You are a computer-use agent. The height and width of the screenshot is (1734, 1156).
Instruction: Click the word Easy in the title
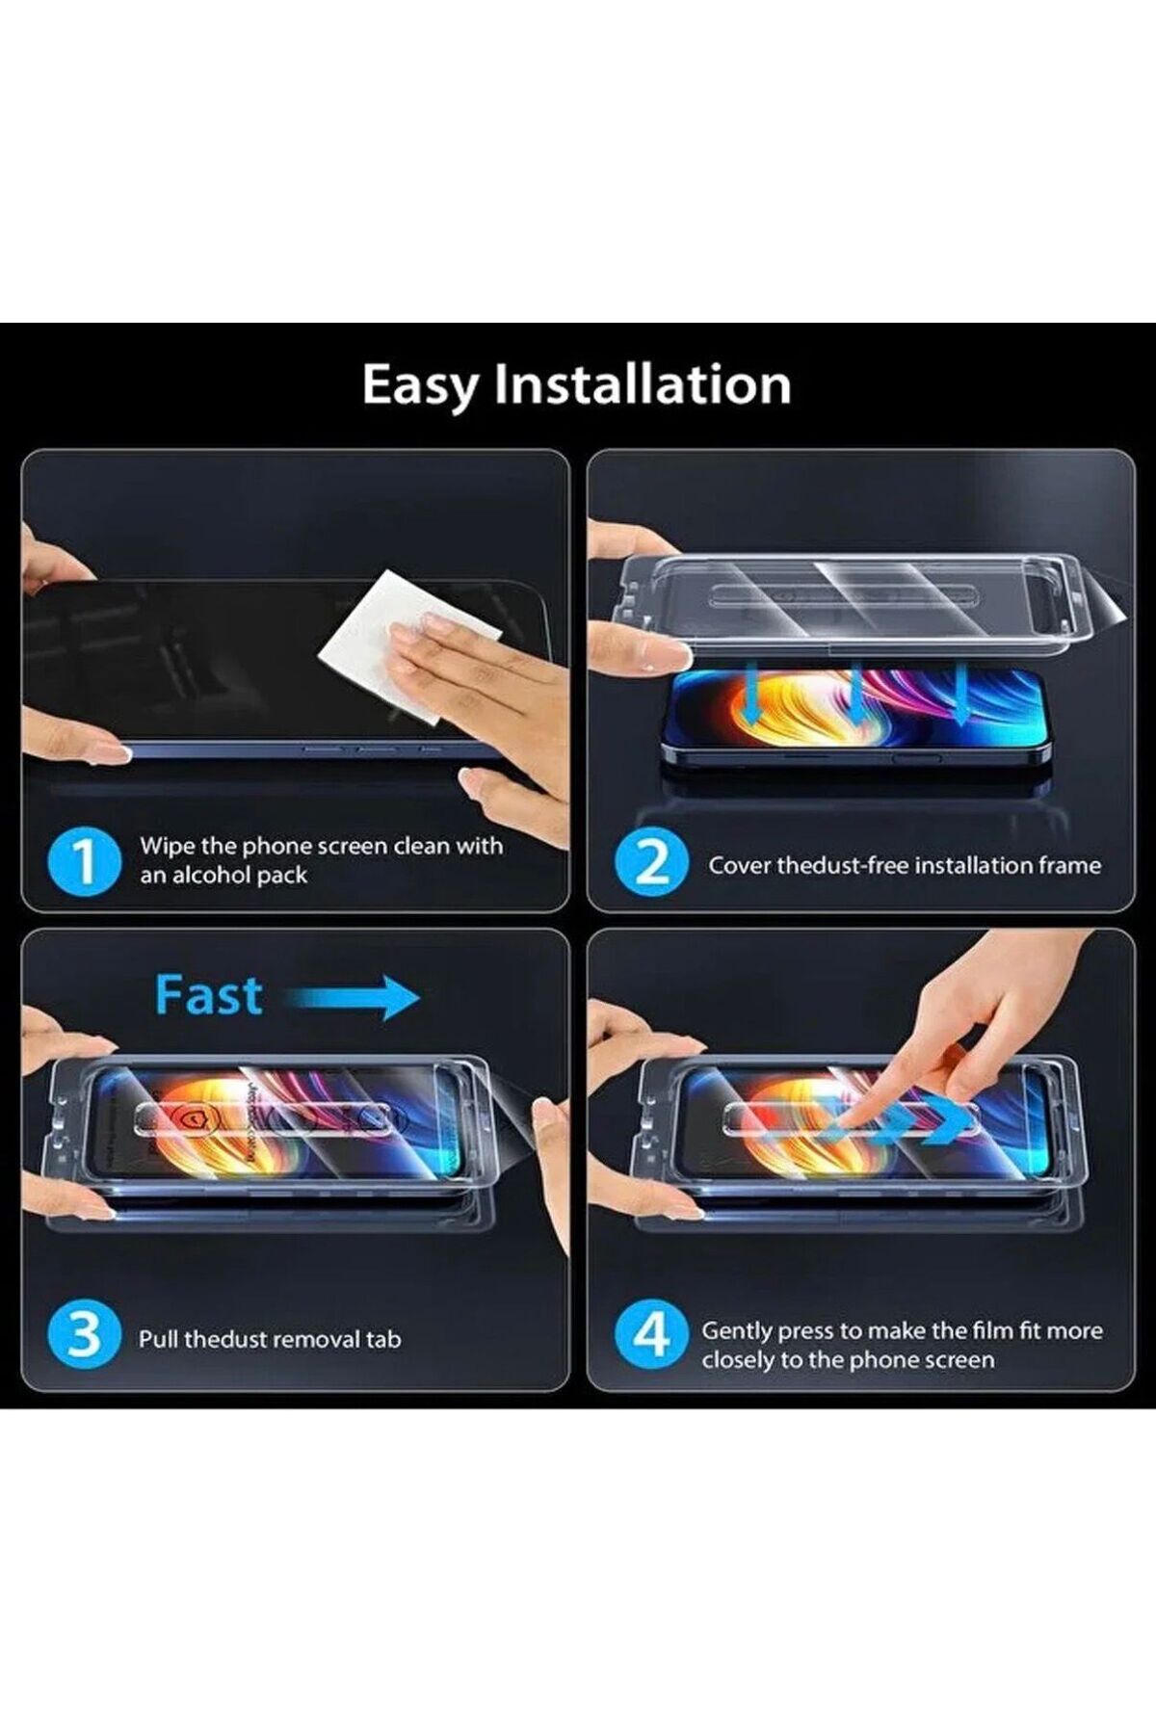pos(419,386)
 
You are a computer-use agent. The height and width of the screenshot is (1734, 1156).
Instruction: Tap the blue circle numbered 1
pos(84,861)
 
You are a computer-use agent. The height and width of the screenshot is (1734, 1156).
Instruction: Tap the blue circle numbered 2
pos(652,862)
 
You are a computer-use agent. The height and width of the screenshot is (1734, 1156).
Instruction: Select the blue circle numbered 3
pos(84,1334)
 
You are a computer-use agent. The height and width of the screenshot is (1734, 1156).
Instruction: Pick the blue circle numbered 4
pos(652,1334)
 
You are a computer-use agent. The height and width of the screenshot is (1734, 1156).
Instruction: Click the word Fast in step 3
pos(208,995)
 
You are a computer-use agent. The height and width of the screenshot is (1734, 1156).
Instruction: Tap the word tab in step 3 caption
pos(383,1339)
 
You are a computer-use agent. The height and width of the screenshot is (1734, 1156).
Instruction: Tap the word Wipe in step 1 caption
pos(167,847)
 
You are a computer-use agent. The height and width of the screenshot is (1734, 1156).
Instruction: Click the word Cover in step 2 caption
pos(740,865)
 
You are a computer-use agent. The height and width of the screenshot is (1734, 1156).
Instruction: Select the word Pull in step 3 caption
pos(158,1339)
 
